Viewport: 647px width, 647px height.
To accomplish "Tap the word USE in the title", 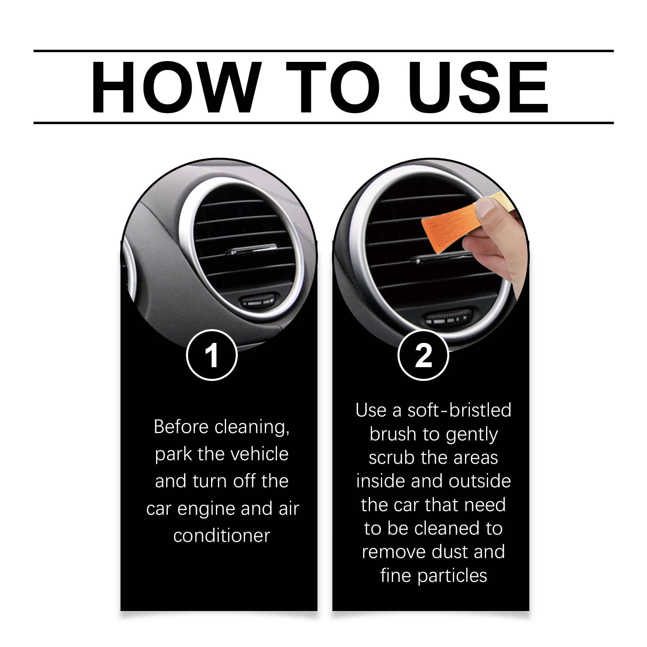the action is [478, 87].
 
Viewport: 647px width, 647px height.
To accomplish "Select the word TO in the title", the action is [333, 87].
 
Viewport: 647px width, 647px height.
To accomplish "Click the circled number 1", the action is [211, 355].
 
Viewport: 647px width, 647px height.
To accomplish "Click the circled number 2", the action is [423, 355].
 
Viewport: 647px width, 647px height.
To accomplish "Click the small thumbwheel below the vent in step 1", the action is [257, 300].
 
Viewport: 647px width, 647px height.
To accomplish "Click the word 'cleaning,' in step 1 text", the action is [252, 427].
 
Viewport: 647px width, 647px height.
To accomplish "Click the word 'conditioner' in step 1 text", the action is [222, 536].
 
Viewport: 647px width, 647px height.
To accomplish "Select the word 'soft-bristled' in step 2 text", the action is [459, 410].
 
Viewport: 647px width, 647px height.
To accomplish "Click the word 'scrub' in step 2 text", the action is [392, 458].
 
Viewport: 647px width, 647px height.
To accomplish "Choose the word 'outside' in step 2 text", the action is [480, 481].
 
